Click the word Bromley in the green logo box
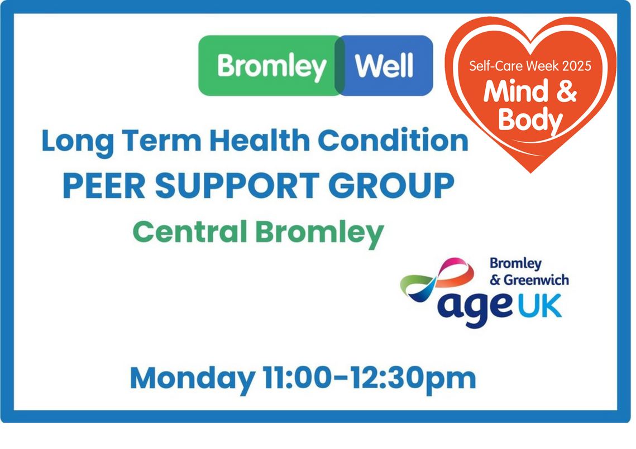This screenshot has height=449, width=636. (272, 67)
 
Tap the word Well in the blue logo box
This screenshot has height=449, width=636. (384, 65)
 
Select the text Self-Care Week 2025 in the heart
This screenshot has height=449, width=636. (530, 66)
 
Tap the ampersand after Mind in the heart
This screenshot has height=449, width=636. (567, 91)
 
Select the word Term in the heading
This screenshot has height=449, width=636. (161, 140)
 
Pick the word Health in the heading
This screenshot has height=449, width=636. (260, 140)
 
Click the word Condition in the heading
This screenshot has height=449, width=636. (393, 140)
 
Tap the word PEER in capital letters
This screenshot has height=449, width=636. (104, 186)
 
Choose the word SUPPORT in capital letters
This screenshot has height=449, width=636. (237, 186)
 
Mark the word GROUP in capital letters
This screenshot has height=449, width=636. (391, 186)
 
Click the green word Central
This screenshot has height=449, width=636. (190, 231)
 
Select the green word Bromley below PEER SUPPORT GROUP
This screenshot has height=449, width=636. (319, 233)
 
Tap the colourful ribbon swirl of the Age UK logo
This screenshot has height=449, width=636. (437, 280)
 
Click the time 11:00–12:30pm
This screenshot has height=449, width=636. (369, 379)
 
